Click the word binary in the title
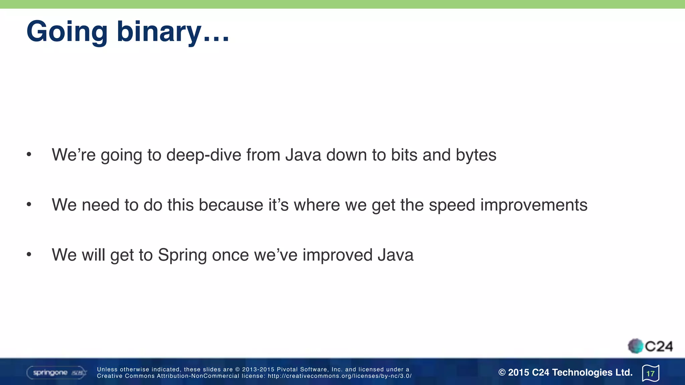pos(159,32)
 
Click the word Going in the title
pos(67,32)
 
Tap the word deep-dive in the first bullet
pos(204,155)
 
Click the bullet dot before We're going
pos(29,154)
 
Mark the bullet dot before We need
pos(29,204)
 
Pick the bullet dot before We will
pos(29,255)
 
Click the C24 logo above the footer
pos(650,346)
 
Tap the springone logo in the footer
pos(56,373)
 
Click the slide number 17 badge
pos(651,373)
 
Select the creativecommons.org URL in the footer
pos(339,376)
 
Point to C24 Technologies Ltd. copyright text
pos(565,372)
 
